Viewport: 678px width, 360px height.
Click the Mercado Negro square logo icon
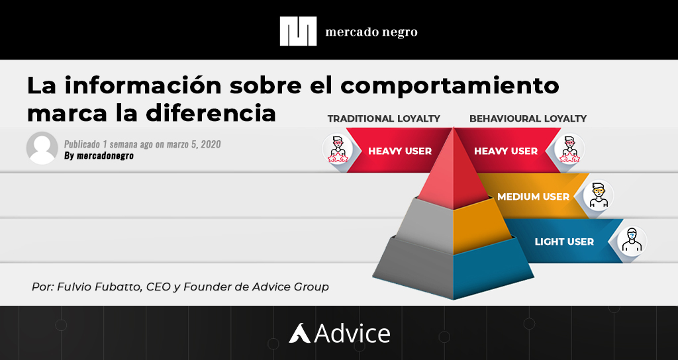298,31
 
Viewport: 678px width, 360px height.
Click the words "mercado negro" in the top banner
371,32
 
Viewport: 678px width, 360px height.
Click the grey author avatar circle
42,148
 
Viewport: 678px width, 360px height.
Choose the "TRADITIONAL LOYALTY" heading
383,118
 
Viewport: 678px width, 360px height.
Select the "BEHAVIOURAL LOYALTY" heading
528,118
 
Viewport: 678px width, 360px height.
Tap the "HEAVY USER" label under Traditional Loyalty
399,151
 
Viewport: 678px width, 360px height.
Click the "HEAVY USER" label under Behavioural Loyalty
506,151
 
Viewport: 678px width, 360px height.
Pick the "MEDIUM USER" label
533,197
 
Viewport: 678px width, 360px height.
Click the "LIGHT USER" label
564,242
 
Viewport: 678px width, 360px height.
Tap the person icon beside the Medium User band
599,195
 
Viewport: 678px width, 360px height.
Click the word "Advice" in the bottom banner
352,333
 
